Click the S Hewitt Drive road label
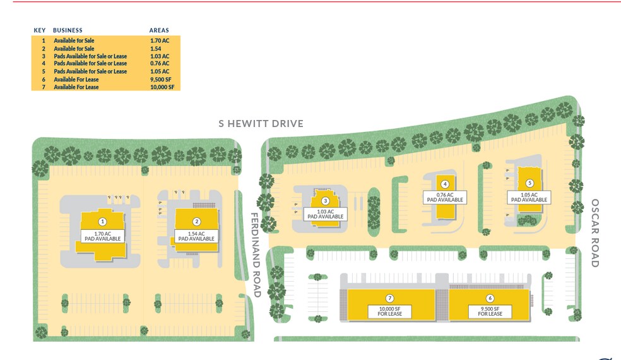point(261,124)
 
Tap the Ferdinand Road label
point(256,255)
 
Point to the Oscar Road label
point(594,233)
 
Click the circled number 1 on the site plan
point(102,222)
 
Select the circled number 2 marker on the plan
point(197,222)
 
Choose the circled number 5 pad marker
point(529,184)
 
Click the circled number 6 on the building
point(490,298)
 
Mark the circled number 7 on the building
point(390,298)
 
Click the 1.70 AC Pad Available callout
point(102,236)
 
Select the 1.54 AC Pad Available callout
point(197,236)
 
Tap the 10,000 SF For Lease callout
point(390,311)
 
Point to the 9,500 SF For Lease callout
point(490,311)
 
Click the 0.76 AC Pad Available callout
point(445,197)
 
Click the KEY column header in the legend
point(40,30)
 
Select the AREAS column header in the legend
point(159,30)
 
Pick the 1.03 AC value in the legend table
point(160,56)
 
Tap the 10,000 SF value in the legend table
point(162,87)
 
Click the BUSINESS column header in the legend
point(68,30)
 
